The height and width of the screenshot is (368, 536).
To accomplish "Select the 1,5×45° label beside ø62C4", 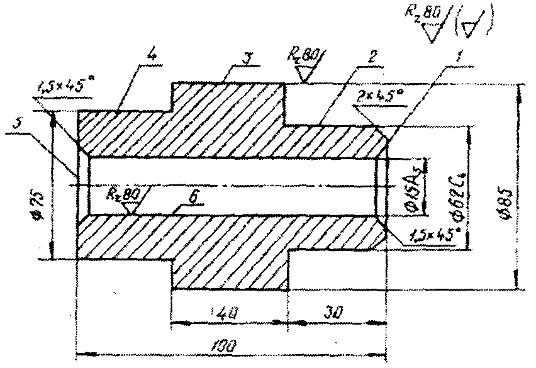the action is pos(435,237).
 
